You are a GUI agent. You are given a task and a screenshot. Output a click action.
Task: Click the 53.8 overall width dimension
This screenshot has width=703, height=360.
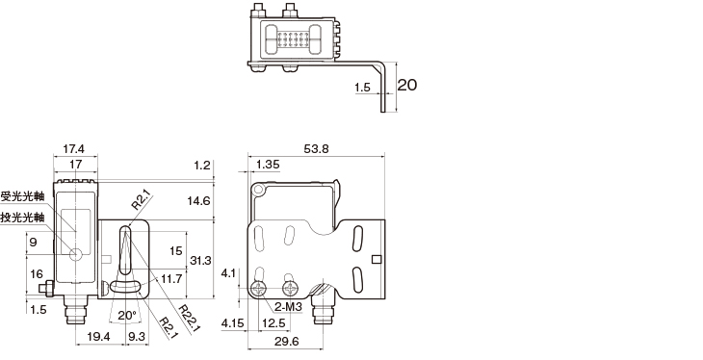(316, 148)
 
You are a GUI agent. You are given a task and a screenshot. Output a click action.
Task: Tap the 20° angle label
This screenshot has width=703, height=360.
(127, 315)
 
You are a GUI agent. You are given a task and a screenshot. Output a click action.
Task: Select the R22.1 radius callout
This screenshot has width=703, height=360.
(189, 319)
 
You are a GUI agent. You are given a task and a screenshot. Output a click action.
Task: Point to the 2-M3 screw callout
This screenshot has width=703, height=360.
(288, 307)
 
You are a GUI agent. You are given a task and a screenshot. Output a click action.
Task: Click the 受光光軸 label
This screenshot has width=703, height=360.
(22, 196)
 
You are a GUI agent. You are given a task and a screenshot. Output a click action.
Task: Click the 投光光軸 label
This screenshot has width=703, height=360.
(22, 217)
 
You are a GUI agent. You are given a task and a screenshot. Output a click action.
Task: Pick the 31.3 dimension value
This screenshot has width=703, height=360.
(200, 260)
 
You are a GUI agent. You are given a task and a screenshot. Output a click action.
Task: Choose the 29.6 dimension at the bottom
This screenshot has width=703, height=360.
(286, 341)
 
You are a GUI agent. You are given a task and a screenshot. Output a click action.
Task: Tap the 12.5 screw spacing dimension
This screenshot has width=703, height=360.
(273, 322)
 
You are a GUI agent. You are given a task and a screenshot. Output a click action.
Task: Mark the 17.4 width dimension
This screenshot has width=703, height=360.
(73, 148)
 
